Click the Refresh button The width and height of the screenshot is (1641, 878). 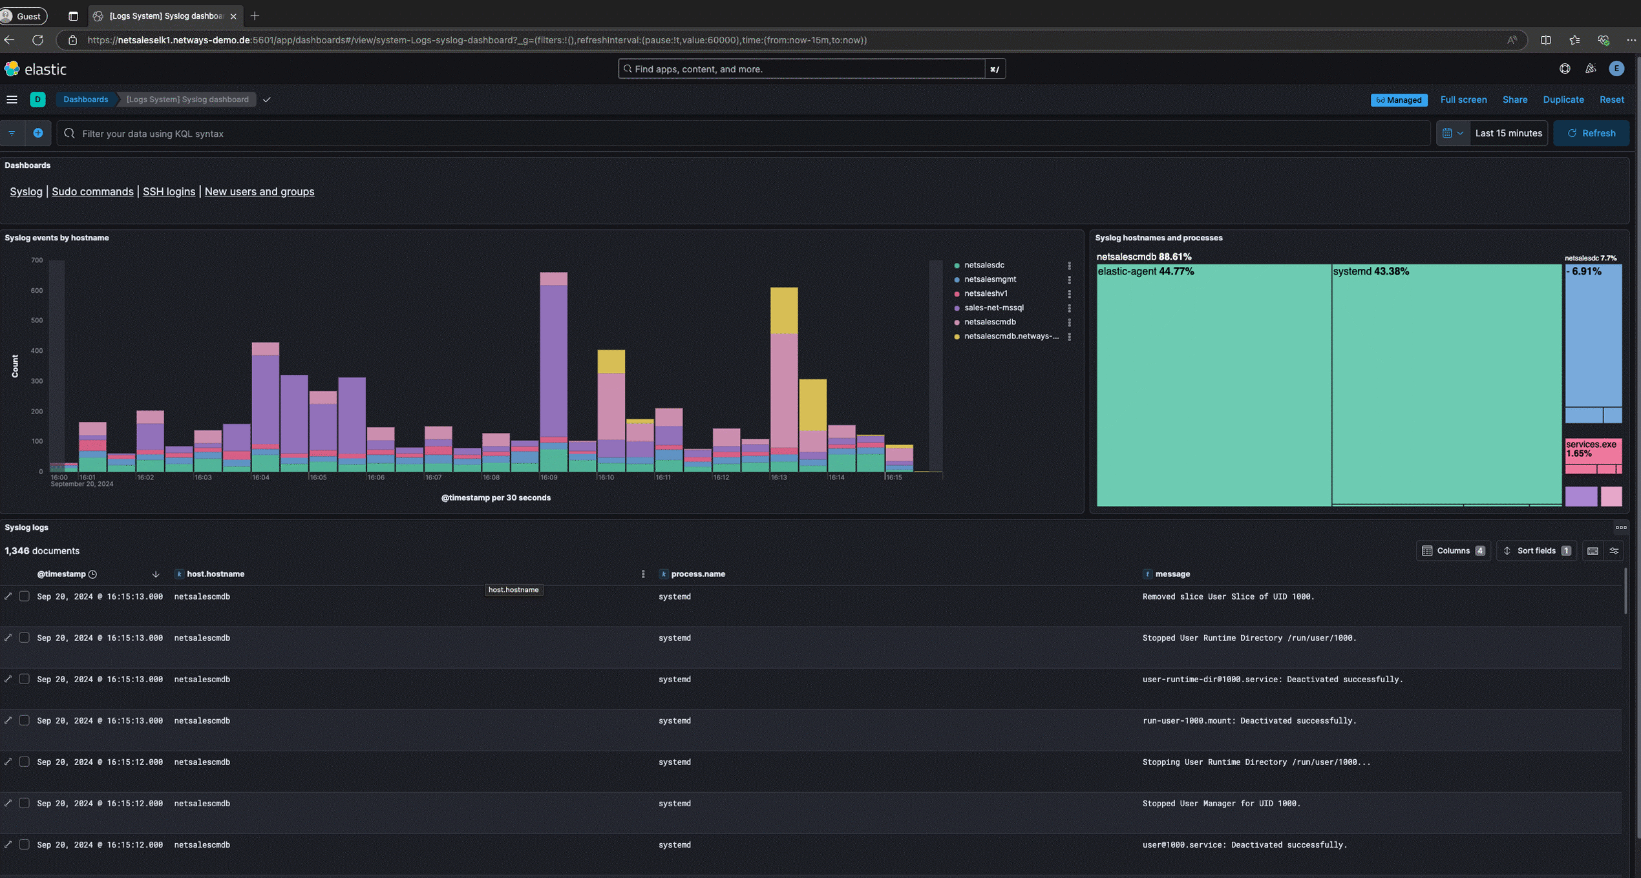click(x=1591, y=133)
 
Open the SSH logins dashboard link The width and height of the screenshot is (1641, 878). click(x=169, y=191)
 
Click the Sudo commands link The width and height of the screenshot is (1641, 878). click(x=92, y=191)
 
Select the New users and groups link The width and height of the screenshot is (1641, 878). click(x=259, y=191)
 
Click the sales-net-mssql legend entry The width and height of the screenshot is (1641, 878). click(x=993, y=308)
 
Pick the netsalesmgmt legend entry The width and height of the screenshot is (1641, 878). click(x=990, y=279)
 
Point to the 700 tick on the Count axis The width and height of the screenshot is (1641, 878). click(x=37, y=260)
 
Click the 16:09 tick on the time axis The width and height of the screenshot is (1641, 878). click(x=548, y=477)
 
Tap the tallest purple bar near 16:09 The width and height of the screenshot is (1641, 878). click(x=553, y=362)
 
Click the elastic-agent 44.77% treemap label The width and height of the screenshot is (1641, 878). click(x=1145, y=271)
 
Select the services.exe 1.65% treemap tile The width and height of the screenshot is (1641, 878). click(x=1593, y=449)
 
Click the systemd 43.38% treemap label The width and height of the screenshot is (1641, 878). click(x=1370, y=271)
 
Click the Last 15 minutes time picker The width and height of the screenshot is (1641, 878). click(x=1508, y=133)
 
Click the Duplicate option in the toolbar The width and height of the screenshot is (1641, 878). click(x=1563, y=99)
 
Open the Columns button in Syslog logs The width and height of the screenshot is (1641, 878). click(x=1453, y=550)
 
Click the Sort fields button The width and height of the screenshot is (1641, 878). click(x=1536, y=550)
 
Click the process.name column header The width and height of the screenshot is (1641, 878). click(x=697, y=574)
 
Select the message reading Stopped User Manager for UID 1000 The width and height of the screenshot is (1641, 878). click(x=1221, y=803)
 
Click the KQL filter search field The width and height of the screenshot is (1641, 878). click(x=743, y=133)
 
